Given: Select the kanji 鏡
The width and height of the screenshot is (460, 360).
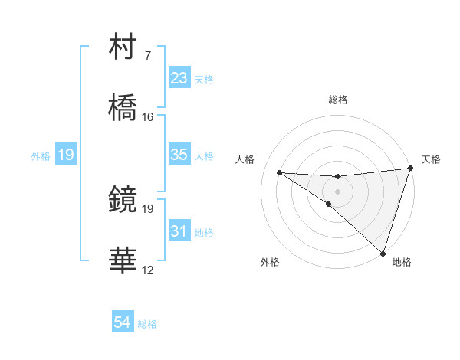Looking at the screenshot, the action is click(123, 200).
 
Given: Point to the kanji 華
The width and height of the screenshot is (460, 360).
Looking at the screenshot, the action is click(123, 261).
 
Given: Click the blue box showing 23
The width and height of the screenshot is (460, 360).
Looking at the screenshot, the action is click(179, 78).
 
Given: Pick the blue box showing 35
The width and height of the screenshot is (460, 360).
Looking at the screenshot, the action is click(179, 155).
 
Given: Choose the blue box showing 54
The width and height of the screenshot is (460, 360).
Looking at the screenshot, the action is click(123, 323).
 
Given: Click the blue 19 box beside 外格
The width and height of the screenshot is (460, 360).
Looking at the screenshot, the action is click(65, 155).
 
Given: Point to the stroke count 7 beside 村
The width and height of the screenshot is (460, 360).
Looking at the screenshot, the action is click(147, 56).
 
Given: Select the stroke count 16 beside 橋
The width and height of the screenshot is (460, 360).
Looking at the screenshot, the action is click(148, 117).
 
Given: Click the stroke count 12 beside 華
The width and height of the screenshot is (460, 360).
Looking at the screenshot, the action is click(148, 270).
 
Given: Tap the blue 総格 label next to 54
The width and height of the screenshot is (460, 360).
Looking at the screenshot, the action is click(147, 324).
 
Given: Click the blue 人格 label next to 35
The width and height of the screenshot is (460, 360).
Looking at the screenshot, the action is click(204, 156).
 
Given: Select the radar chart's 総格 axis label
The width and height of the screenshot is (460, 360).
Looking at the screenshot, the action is click(338, 100).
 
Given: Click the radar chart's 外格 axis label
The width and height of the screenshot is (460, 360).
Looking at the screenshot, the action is click(270, 263).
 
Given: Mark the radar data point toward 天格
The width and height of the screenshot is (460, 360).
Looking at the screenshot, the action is click(410, 169).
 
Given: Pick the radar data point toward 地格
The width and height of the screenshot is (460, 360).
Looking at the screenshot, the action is click(383, 253).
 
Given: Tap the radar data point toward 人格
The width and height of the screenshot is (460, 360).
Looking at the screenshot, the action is click(279, 172).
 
